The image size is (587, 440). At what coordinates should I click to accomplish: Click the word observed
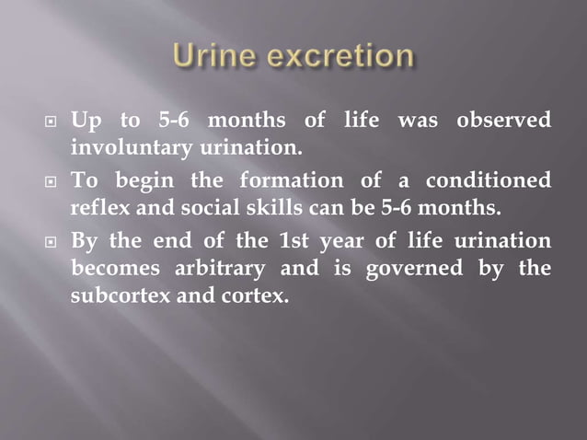[505, 121]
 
